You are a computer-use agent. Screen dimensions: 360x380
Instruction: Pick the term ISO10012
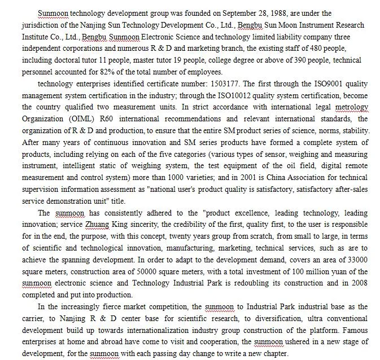tap(233, 96)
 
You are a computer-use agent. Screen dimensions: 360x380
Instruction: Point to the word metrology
tap(351, 107)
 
